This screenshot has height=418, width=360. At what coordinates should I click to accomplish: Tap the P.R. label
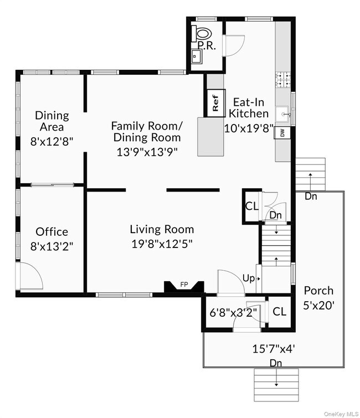pyautogui.click(x=206, y=45)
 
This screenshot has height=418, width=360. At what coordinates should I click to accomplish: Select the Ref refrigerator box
pyautogui.click(x=215, y=103)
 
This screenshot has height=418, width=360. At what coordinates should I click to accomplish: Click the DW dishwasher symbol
pyautogui.click(x=282, y=133)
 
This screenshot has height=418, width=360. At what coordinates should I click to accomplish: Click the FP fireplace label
pyautogui.click(x=184, y=285)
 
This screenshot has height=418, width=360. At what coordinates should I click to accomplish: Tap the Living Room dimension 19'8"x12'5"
pyautogui.click(x=162, y=242)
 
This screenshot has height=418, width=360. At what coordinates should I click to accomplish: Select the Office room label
pyautogui.click(x=52, y=231)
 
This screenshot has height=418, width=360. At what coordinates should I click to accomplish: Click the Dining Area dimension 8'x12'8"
pyautogui.click(x=52, y=141)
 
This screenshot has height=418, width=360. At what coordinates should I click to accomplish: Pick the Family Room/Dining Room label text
pyautogui.click(x=146, y=131)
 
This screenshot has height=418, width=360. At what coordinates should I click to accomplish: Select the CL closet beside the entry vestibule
pyautogui.click(x=279, y=311)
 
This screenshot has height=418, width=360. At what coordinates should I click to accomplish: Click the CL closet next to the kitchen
pyautogui.click(x=251, y=207)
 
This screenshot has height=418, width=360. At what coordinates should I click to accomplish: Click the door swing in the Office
pyautogui.click(x=30, y=275)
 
